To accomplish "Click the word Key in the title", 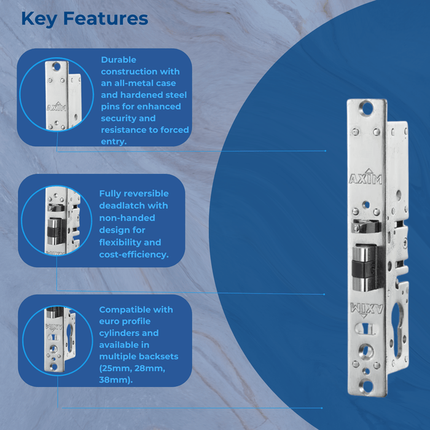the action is point(39,19).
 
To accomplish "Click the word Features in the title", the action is point(106,18).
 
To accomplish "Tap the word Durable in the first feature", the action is point(119,60).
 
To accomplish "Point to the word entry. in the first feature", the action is point(114,142).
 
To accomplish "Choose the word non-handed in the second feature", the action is point(127,218).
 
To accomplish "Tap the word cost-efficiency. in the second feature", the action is point(134,255).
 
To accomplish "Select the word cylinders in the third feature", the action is point(119,333).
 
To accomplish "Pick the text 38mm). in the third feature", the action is point(115,380).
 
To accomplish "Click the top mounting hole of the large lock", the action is point(366,107).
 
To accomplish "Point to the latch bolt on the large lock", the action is point(365,267).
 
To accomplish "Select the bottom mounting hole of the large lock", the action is point(366,386).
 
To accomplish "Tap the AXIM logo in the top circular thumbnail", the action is point(57,106).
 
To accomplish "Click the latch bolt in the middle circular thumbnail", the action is point(54,232).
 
